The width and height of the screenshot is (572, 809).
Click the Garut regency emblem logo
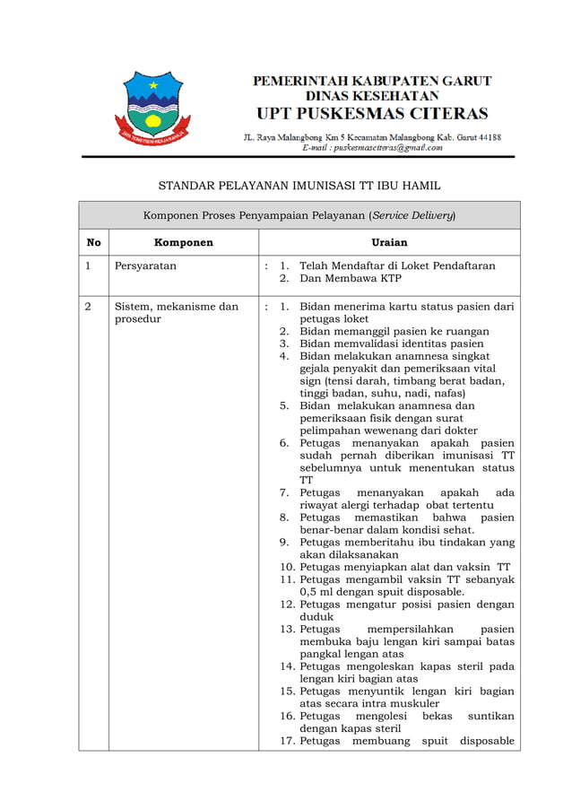point(152,110)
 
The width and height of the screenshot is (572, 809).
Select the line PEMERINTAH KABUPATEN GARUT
point(372,81)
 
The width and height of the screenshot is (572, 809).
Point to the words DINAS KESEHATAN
point(372,95)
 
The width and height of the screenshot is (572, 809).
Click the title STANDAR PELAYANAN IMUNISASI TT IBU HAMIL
point(299,186)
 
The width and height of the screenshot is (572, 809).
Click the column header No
point(93,242)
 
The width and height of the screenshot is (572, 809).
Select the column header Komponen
point(183,242)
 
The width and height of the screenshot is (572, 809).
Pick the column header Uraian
point(389,242)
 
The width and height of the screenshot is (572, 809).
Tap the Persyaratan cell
point(145,266)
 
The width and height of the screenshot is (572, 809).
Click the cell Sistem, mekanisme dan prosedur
point(176,313)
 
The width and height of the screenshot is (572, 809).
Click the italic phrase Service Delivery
point(413,215)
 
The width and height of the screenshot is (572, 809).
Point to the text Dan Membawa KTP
point(350,279)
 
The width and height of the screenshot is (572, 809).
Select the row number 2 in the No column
point(89,307)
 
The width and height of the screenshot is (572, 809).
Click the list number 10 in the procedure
point(287,567)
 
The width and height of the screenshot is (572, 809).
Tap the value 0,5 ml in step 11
point(317,592)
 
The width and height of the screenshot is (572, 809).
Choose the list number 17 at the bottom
point(287,741)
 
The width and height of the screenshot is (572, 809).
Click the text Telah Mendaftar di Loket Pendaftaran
point(397,266)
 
